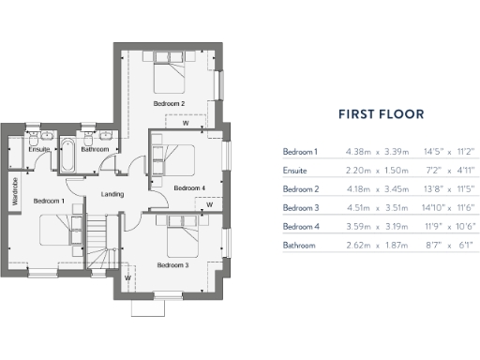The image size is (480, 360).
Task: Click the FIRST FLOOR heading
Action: click(381, 115)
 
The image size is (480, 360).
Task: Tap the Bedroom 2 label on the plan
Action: click(169, 103)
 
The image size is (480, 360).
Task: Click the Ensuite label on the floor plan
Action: click(38, 149)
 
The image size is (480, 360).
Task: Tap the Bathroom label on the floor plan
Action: click(95, 149)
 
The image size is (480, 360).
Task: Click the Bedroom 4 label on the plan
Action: click(189, 187)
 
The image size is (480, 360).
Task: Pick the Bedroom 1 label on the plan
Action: click(49, 201)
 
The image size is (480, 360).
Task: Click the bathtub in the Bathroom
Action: click(69, 156)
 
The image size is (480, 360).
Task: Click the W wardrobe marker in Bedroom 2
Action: click(185, 122)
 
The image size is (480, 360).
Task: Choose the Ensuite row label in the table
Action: click(295, 171)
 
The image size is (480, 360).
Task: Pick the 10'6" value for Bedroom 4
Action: click(462, 227)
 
